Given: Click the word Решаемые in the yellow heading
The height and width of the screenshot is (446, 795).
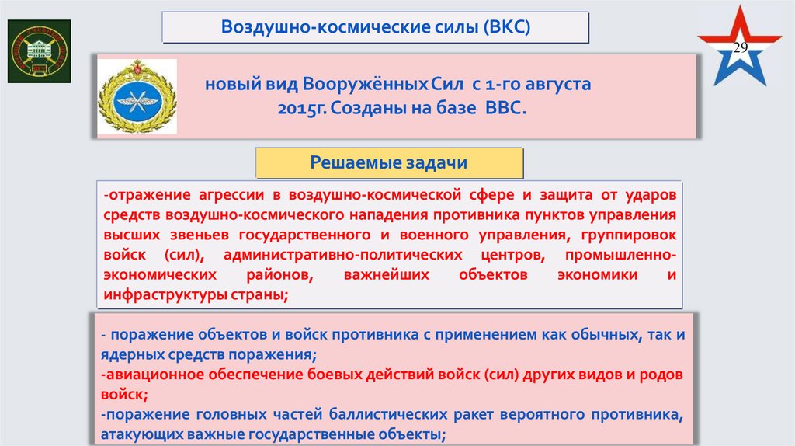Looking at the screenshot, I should tap(354, 162).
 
